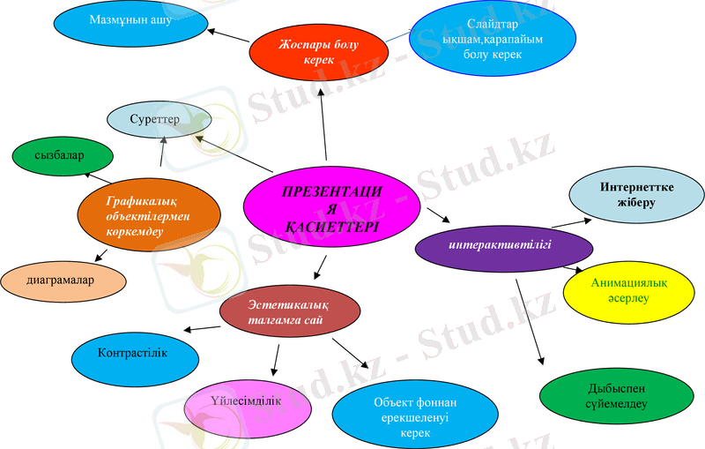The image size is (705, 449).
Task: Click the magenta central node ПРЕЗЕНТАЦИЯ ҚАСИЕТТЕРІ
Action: coord(330,206)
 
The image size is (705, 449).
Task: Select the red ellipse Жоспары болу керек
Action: coord(317,49)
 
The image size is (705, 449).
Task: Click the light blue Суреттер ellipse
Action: coord(160,120)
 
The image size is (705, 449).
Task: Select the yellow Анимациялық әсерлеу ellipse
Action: coord(623,290)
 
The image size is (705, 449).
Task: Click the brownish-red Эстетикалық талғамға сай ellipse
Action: coord(290,312)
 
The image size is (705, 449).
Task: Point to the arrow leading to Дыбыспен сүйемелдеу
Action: coord(531,322)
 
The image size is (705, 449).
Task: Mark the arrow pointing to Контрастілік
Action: coord(201,329)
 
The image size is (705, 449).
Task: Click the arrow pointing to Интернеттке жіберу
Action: coord(570,223)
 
